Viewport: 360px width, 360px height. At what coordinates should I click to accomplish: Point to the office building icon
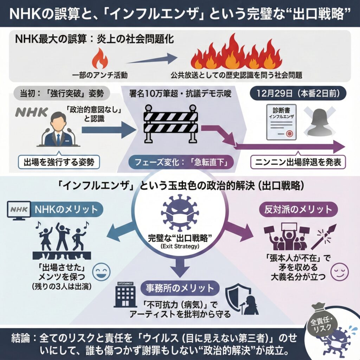[124, 295]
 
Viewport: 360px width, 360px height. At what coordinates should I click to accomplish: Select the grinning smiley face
[101, 271]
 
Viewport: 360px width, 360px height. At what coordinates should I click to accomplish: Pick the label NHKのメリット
[65, 210]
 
